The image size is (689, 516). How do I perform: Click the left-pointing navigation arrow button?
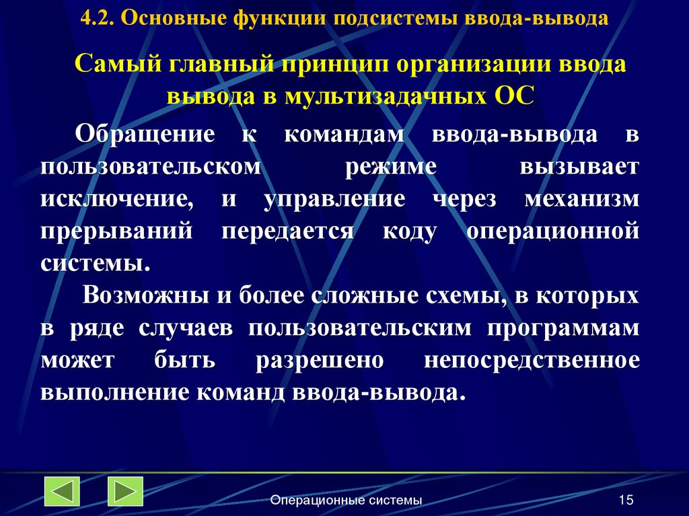(62, 492)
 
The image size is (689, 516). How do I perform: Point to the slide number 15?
(626, 500)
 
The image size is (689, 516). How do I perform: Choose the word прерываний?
(117, 231)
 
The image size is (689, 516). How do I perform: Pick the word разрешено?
(320, 361)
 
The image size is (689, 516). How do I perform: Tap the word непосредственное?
(532, 361)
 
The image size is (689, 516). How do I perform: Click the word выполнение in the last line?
(115, 393)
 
